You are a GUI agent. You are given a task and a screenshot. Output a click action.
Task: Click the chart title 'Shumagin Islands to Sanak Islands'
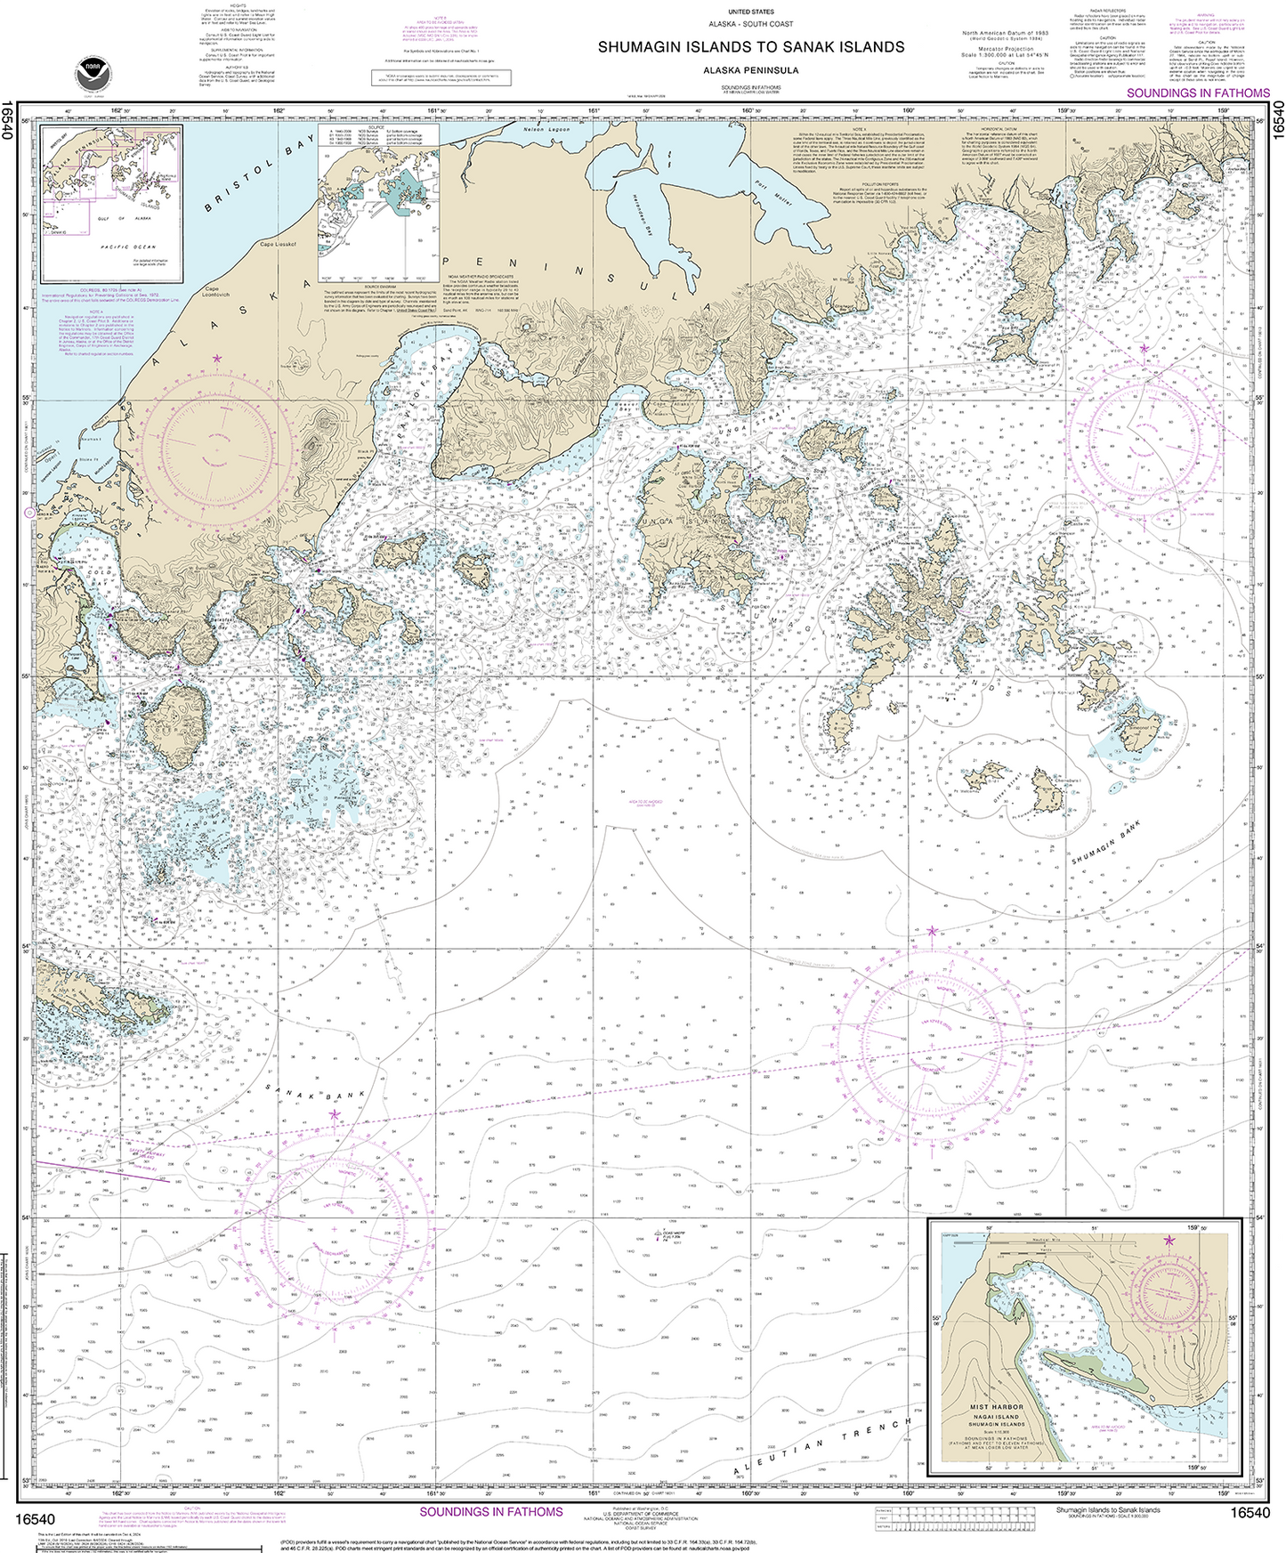click(750, 47)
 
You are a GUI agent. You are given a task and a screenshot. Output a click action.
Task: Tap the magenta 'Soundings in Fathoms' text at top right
click(1198, 93)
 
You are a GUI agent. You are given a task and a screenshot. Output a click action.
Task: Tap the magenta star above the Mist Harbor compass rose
click(1169, 1240)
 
